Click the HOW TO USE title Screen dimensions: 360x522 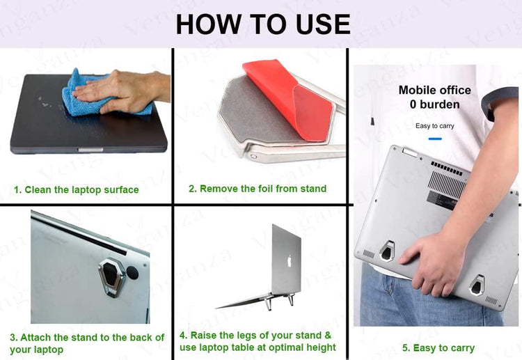262,24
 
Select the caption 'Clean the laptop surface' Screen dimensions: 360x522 77,189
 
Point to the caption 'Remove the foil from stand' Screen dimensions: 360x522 258,188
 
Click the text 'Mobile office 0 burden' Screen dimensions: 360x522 434,97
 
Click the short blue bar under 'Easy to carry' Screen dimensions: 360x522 435,138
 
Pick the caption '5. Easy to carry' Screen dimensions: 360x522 438,347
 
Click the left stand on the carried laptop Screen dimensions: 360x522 388,249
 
